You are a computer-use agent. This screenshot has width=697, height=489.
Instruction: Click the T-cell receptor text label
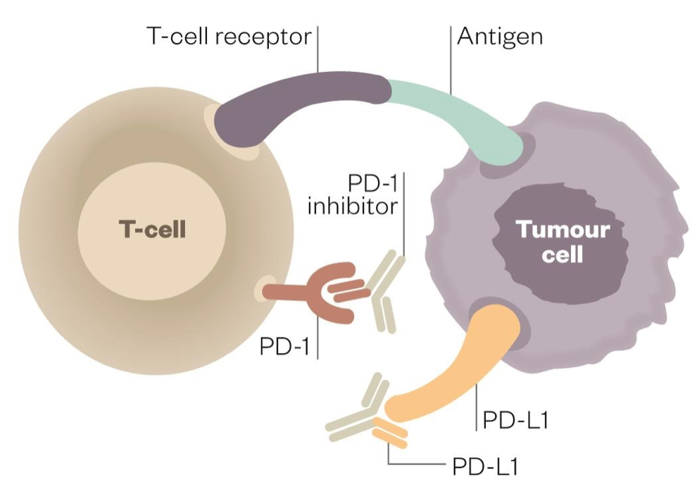229,36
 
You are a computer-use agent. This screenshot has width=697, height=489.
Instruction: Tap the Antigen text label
500,36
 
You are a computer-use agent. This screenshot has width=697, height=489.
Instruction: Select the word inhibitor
356,206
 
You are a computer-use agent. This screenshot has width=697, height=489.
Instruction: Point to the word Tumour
563,229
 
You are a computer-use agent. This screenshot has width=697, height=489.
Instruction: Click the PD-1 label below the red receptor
286,347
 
